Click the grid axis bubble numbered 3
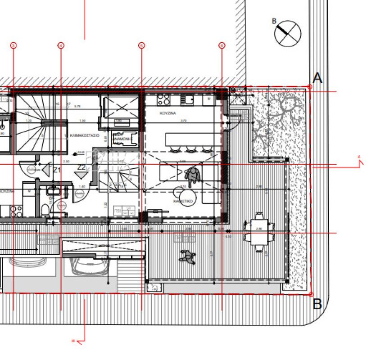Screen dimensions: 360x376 coord(14,45)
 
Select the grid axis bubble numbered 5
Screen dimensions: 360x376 coord(141,45)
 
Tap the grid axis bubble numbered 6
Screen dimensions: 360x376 coord(222,45)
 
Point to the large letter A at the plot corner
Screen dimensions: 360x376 coord(317,78)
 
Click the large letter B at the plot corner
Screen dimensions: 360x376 coord(317,304)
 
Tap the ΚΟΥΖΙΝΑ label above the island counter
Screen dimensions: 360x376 coord(167,114)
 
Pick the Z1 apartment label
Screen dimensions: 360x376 coord(57,170)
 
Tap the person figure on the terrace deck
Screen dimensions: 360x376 coord(186,256)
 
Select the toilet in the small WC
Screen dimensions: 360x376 coord(45,210)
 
